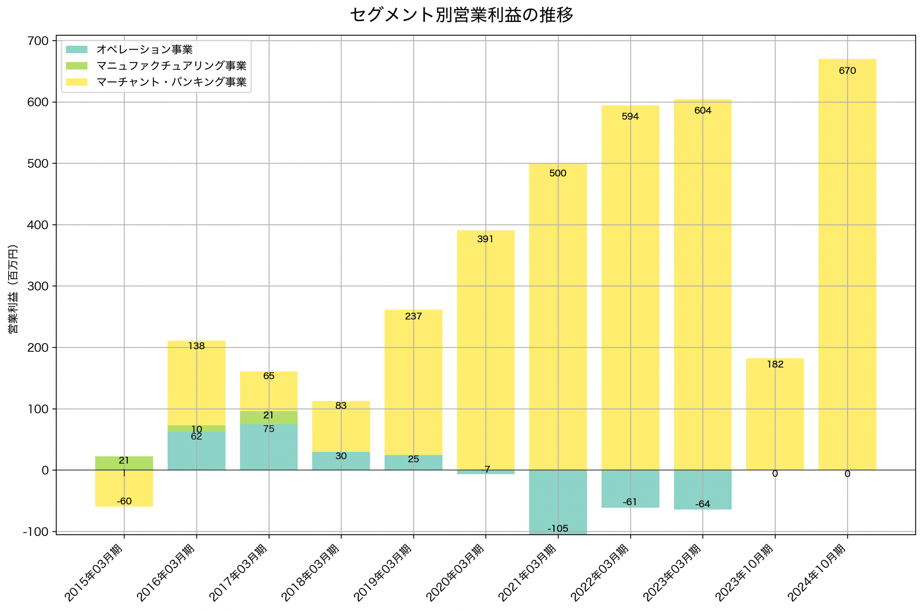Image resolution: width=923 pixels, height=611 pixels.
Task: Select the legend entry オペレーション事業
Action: click(144, 49)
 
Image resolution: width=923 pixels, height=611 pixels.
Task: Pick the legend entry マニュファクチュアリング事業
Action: click(171, 66)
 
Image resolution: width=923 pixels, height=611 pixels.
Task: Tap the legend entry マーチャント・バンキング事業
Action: click(171, 82)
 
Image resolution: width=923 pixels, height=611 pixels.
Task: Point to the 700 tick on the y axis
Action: click(38, 41)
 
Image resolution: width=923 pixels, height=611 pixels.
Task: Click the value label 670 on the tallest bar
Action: click(847, 71)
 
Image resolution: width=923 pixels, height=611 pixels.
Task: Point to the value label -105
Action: click(558, 529)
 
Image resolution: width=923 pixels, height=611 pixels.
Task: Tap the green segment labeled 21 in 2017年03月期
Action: click(269, 418)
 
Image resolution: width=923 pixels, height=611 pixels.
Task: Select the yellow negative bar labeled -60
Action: click(124, 489)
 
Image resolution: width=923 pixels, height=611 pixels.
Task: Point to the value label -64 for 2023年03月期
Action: click(703, 504)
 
